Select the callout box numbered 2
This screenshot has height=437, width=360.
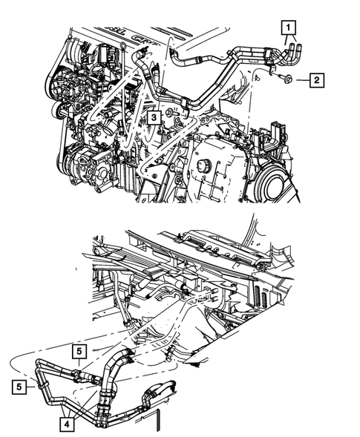coord(315,79)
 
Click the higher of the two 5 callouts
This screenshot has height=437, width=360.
coord(79,351)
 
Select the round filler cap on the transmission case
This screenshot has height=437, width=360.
coord(203,164)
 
